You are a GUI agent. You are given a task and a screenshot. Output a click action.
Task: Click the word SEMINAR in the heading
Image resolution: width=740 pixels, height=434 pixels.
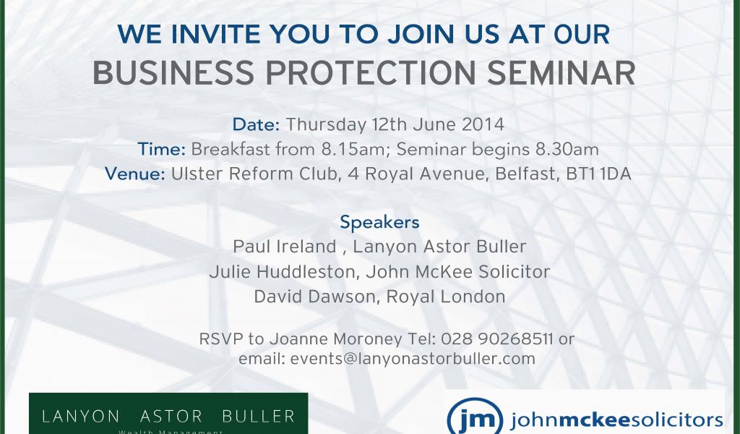tap(561, 73)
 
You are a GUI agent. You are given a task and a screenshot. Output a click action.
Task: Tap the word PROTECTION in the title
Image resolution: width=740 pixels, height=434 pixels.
tap(371, 73)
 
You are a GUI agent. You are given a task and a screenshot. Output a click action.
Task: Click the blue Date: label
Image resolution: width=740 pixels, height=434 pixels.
tap(257, 124)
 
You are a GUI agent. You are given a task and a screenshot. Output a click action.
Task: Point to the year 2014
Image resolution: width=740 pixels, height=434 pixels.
tap(483, 124)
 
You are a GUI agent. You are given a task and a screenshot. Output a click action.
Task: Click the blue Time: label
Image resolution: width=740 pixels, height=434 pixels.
tap(161, 149)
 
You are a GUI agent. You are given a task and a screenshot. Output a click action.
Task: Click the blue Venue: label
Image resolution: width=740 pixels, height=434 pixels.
tap(135, 174)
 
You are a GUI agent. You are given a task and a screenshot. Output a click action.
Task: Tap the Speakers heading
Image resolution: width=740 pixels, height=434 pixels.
tap(379, 223)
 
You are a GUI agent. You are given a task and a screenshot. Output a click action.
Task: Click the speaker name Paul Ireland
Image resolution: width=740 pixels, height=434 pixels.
tap(285, 247)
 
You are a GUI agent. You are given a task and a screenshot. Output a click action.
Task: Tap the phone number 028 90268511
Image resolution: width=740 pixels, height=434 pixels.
tap(497, 339)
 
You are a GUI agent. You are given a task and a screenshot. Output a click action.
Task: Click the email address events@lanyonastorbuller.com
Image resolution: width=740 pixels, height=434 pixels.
tap(413, 359)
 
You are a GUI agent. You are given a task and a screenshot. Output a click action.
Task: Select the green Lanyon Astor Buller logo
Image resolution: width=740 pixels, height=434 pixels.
tap(168, 414)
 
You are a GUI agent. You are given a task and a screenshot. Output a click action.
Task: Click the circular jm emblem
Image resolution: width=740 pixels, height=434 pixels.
tap(474, 417)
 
